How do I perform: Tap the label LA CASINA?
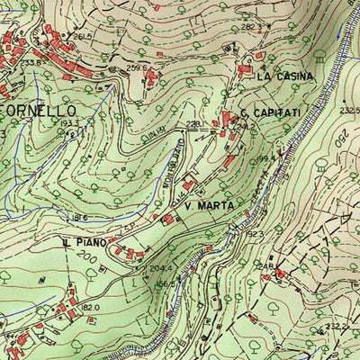point(285,77)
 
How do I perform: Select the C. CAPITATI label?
point(270,113)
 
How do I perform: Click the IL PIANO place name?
point(85,243)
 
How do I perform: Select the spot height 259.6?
point(136,67)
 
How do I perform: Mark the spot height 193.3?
point(70,123)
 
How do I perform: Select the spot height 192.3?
point(255,233)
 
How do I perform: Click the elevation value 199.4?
point(265,157)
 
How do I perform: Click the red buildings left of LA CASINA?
point(244,70)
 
